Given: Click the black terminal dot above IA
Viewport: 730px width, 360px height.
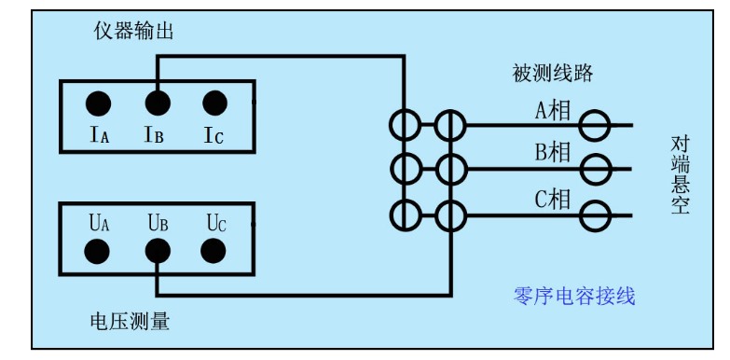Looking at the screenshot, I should pyautogui.click(x=99, y=103).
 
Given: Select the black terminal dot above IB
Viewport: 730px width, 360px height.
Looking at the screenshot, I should pyautogui.click(x=157, y=103).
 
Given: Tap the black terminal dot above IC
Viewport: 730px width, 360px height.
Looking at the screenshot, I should pyautogui.click(x=214, y=103).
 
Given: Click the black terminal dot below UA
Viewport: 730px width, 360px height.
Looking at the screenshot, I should pyautogui.click(x=99, y=250).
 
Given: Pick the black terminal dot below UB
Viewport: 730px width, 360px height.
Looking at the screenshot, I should pyautogui.click(x=157, y=250).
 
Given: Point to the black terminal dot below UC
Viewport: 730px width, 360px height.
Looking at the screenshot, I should pyautogui.click(x=214, y=250).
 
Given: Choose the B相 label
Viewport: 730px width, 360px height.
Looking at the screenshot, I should pyautogui.click(x=552, y=153).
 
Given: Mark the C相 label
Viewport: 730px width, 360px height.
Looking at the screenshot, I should pyautogui.click(x=552, y=199).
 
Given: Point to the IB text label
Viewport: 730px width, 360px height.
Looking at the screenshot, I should pyautogui.click(x=155, y=136).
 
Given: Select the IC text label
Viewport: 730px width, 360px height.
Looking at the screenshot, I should pyautogui.click(x=213, y=136).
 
